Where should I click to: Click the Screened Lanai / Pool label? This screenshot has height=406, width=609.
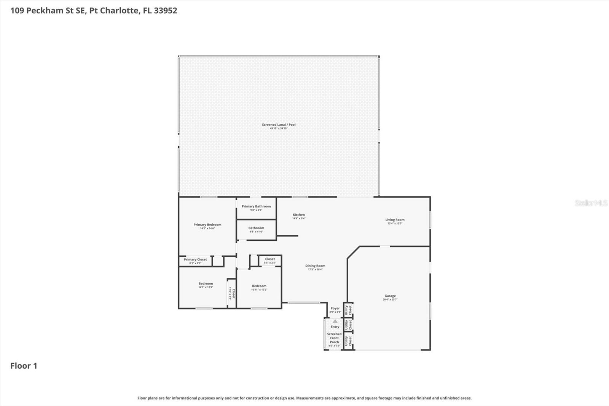pos(279,125)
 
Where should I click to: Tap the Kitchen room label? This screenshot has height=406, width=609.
pos(299,215)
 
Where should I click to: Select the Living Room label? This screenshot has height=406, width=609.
pos(395,220)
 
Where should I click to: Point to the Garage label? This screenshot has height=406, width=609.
pos(390,296)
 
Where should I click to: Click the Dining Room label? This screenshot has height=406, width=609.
pos(315,266)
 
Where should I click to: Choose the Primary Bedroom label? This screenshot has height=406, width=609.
pos(207,225)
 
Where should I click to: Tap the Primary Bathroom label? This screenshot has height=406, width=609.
pos(256,206)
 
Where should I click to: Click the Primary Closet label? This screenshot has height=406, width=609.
pos(195,260)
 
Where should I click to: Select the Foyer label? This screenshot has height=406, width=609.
pos(335,308)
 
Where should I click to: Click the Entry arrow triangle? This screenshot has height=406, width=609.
pos(335,321)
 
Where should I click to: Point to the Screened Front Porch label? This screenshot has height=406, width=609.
pos(334,338)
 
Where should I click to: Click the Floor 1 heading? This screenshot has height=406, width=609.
pos(24,366)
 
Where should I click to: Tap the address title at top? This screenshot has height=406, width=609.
pos(94,10)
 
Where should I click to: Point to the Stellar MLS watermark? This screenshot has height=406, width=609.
pos(591,203)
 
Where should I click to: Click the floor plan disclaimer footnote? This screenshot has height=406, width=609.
pos(304,398)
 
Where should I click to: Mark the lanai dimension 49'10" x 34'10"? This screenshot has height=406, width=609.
pos(279,128)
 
